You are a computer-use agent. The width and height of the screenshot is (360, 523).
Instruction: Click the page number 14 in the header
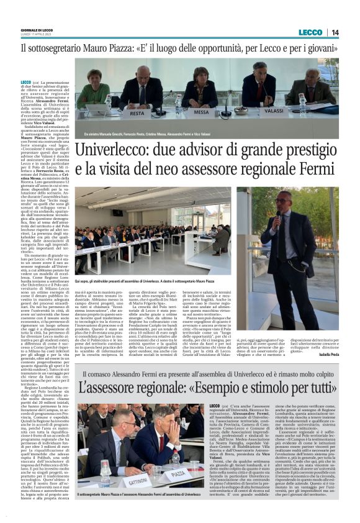point(335,32)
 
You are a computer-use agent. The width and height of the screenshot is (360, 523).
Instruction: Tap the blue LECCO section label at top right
point(310,32)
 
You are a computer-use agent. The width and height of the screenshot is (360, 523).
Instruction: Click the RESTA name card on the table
point(137,114)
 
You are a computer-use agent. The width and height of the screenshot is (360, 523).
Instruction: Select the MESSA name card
point(201,113)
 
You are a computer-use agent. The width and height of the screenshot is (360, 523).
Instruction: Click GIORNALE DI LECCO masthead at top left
point(37,29)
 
